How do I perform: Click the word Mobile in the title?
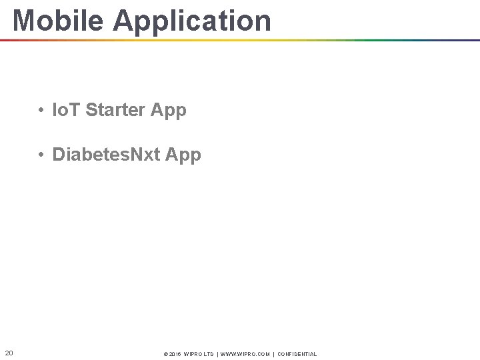[x=59, y=20]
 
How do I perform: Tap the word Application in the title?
[x=192, y=21]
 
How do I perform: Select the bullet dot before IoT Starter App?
[x=41, y=110]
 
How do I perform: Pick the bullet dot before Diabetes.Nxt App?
[x=41, y=155]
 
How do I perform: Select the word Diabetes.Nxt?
[x=105, y=155]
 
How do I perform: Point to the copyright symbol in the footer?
[x=165, y=354]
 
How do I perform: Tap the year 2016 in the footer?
[x=175, y=354]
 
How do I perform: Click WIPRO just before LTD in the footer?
[x=193, y=354]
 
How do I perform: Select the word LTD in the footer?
[x=209, y=354]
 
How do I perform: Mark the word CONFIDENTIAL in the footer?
[x=297, y=354]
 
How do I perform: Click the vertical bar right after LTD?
[x=218, y=354]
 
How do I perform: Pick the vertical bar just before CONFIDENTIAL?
[x=273, y=354]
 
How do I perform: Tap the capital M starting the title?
[x=25, y=21]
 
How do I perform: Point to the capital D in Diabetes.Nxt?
[x=58, y=155]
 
